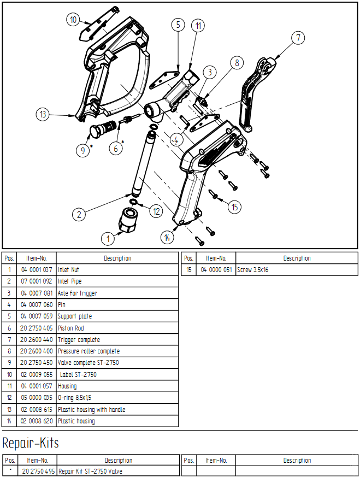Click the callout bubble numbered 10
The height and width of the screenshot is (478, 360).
pyautogui.click(x=73, y=20)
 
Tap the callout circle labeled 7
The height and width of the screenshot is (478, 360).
pyautogui.click(x=298, y=38)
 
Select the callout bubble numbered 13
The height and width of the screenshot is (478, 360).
pyautogui.click(x=43, y=114)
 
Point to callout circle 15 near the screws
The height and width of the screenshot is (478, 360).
pyautogui.click(x=234, y=207)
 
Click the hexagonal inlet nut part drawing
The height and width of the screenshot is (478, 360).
pyautogui.click(x=127, y=220)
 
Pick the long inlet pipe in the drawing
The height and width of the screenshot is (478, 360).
pyautogui.click(x=143, y=163)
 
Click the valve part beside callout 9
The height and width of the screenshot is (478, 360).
pyautogui.click(x=103, y=128)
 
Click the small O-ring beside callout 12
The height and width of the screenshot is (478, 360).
pyautogui.click(x=133, y=202)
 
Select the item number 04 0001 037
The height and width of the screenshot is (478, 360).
pyautogui.click(x=37, y=270)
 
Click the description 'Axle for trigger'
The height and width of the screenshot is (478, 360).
pyautogui.click(x=78, y=293)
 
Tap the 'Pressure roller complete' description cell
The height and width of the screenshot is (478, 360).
pyautogui.click(x=117, y=351)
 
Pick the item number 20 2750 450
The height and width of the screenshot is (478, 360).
pyautogui.click(x=37, y=363)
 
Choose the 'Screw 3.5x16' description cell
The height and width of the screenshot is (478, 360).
pyautogui.click(x=297, y=270)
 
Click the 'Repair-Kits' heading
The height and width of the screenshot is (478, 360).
pyautogui.click(x=31, y=443)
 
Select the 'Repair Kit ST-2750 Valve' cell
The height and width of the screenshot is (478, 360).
pyautogui.click(x=119, y=471)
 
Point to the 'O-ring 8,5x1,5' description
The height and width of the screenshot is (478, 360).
pyautogui.click(x=75, y=398)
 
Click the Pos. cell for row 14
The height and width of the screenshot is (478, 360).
pyautogui.click(x=9, y=421)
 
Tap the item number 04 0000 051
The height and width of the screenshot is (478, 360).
pyautogui.click(x=216, y=270)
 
